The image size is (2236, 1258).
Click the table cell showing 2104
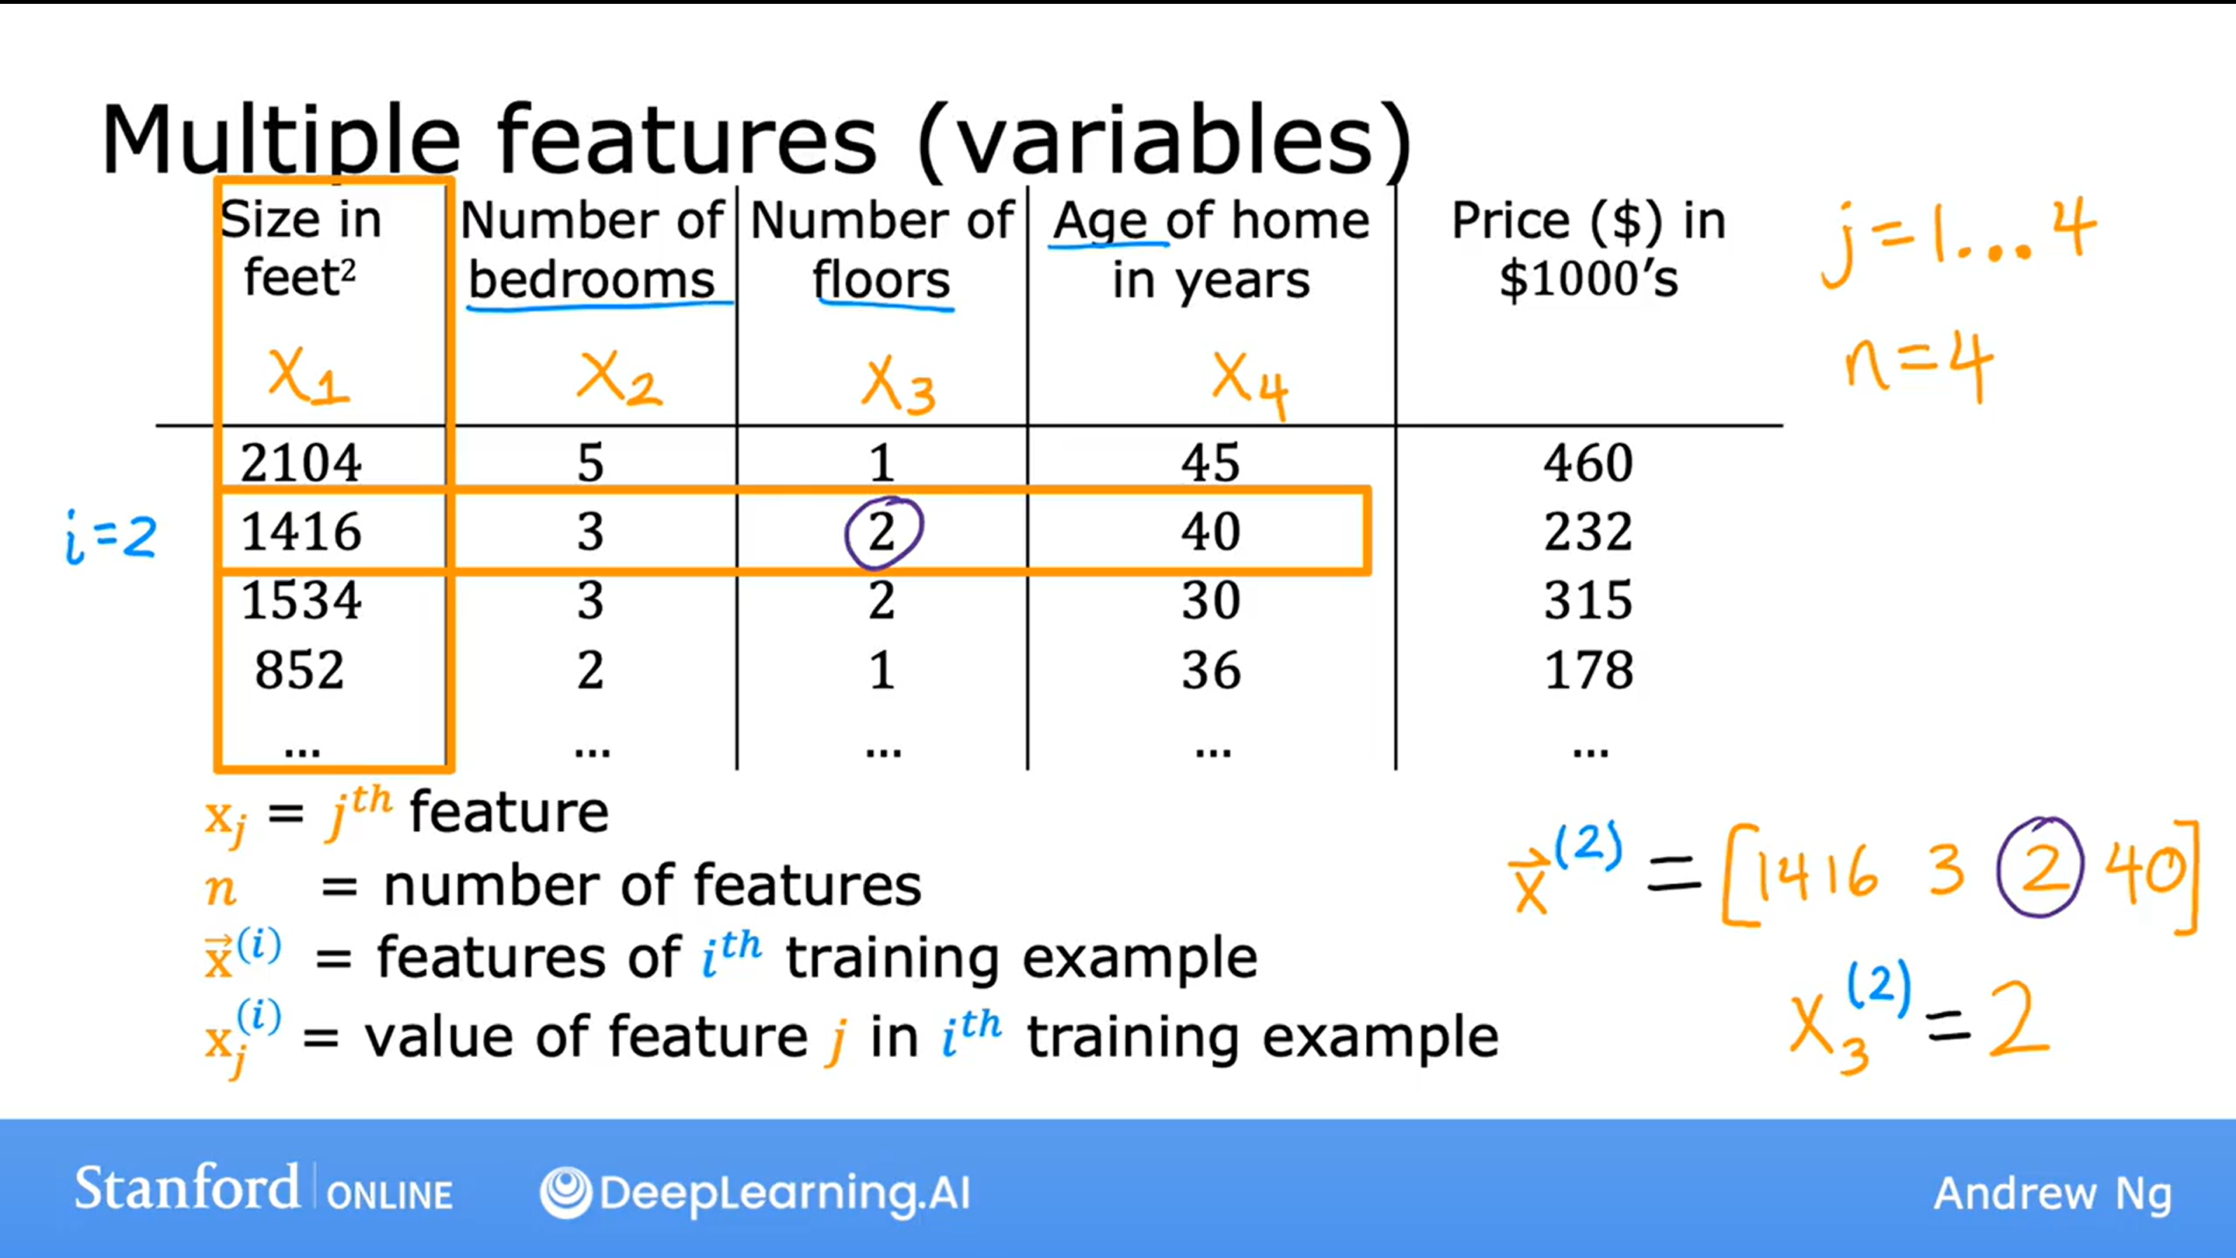[301, 463]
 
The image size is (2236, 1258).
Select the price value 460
[1587, 463]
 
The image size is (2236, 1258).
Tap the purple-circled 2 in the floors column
[883, 532]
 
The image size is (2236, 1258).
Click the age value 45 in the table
[1210, 463]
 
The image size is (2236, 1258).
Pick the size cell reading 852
[300, 670]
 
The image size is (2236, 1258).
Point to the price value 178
[1588, 670]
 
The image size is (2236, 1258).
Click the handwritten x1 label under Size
[308, 376]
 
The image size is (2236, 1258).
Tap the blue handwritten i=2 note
[111, 538]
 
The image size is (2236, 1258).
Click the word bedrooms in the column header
[592, 280]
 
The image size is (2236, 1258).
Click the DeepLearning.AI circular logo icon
[566, 1192]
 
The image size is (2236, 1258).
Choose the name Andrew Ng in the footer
[2053, 1194]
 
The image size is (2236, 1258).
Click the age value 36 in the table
[1211, 670]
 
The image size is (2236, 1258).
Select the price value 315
[1587, 601]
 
